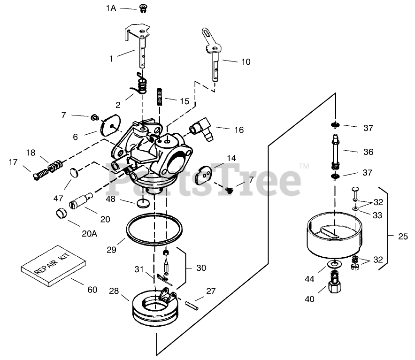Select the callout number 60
point(92,290)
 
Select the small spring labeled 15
point(160,98)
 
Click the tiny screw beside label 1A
point(142,8)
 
